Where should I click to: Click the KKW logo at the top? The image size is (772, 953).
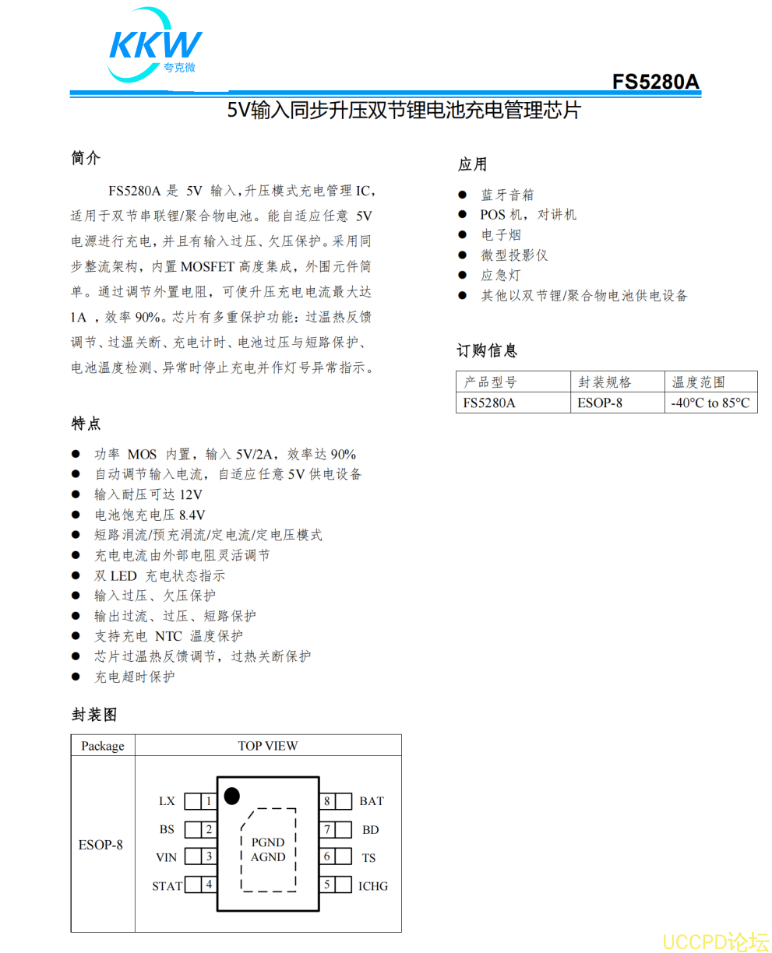pos(155,45)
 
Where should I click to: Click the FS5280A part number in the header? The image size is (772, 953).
pos(655,82)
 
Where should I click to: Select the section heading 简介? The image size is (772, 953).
pos(86,158)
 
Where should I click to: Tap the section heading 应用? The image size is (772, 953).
pos(472,164)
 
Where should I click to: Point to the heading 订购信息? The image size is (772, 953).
pos(487,351)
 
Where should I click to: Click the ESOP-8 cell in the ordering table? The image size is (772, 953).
pos(600,403)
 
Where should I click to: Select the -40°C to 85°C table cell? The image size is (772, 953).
pos(710,403)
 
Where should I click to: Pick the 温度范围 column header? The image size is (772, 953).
pos(699,382)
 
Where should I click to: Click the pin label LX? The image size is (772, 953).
pos(167,801)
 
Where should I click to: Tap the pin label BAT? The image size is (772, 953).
pos(371,801)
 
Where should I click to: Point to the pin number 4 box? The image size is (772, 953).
pos(209,885)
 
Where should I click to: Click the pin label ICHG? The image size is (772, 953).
pos(372,886)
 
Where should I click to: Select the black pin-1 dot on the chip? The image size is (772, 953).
pos(231,796)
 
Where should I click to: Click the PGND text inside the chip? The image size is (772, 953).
pos(268,842)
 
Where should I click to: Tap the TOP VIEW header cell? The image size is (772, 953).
pos(267,746)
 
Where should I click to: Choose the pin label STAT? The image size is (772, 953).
pos(167,886)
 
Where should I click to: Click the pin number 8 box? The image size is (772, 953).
pos(327,801)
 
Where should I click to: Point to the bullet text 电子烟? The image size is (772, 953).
pos(500,235)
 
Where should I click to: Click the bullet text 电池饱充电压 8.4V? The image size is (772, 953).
pos(150,515)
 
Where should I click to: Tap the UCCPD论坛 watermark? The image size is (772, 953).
pos(715,941)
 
